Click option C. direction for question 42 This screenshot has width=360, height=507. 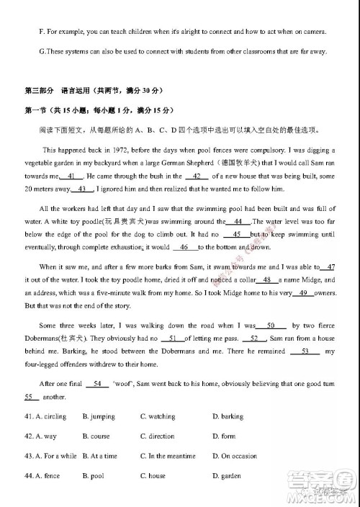(157, 436)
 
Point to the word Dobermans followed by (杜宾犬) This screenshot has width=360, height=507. (48, 338)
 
